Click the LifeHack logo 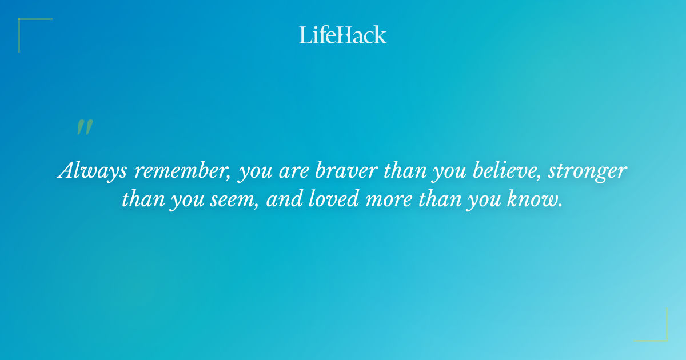pos(343,35)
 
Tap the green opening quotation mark pos(85,127)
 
